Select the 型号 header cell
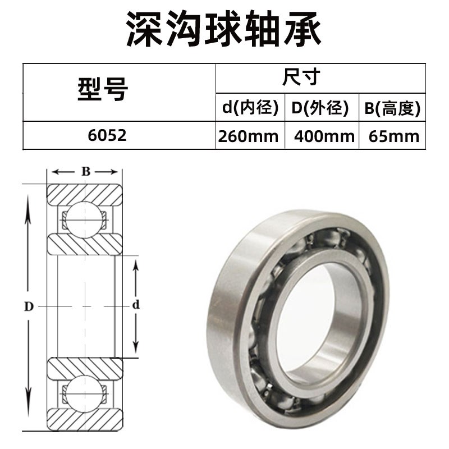coord(103,90)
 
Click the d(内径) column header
coord(250,108)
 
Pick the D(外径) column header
coord(320,108)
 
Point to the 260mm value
coord(250,136)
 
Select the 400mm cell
coord(320,136)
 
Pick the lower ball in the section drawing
coord(84,392)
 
